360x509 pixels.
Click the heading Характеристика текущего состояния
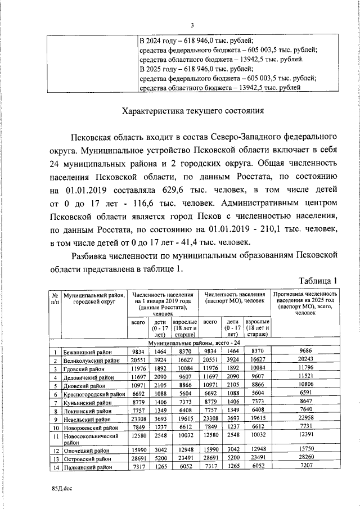pos(193,111)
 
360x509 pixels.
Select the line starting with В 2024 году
pos(196,40)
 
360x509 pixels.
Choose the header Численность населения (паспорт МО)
pos(235,298)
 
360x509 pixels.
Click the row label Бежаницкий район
pos(87,352)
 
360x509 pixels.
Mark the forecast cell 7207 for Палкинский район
pos(305,467)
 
